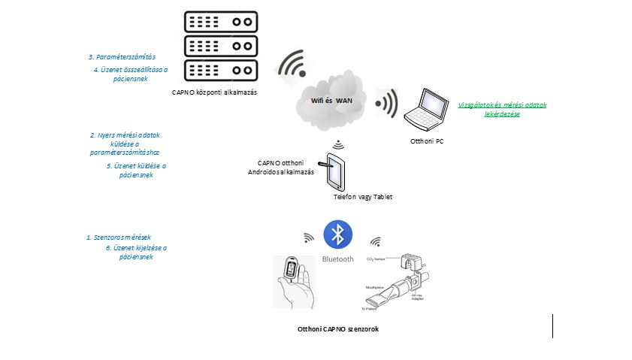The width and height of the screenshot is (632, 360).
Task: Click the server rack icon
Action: coord(220,47)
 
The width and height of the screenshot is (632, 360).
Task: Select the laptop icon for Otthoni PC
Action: coord(429,109)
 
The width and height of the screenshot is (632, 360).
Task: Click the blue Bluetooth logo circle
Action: coord(338,235)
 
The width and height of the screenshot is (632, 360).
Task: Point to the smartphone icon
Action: coord(334,172)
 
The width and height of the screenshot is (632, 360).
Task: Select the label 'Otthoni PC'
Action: coord(427,141)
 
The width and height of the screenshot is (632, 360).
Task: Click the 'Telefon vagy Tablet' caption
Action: coord(363,197)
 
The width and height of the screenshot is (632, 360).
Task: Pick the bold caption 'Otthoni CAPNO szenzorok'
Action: coord(337,329)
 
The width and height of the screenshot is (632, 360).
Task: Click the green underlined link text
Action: coord(502,109)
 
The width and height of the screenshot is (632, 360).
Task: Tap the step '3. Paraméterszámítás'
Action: coord(122,57)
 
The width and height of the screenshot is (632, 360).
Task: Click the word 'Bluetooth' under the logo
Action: coord(338,259)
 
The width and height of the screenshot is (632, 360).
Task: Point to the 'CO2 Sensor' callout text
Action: coord(376,259)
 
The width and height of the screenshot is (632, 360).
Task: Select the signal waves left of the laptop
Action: coord(388,104)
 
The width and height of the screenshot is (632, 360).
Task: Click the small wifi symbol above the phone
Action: coord(338,144)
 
